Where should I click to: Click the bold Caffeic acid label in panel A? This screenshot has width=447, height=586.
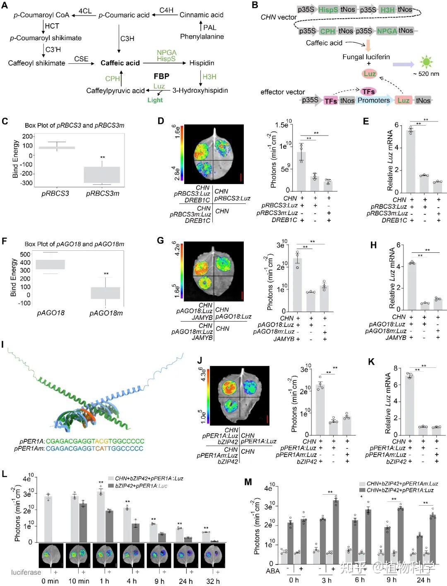click(x=120, y=63)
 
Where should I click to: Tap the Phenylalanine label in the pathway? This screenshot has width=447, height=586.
click(x=202, y=36)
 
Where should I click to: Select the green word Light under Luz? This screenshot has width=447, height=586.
click(x=155, y=100)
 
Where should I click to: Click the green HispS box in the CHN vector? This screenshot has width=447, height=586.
click(x=328, y=10)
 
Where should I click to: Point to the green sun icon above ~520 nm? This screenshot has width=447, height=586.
click(x=426, y=62)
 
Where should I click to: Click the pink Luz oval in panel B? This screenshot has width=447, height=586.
click(x=369, y=74)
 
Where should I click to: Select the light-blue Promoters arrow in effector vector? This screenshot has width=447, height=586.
click(x=374, y=100)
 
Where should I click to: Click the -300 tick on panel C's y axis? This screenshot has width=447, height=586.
click(x=27, y=183)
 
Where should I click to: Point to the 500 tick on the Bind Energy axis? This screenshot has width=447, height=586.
click(x=25, y=254)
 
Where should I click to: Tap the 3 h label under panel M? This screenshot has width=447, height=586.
click(x=327, y=580)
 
